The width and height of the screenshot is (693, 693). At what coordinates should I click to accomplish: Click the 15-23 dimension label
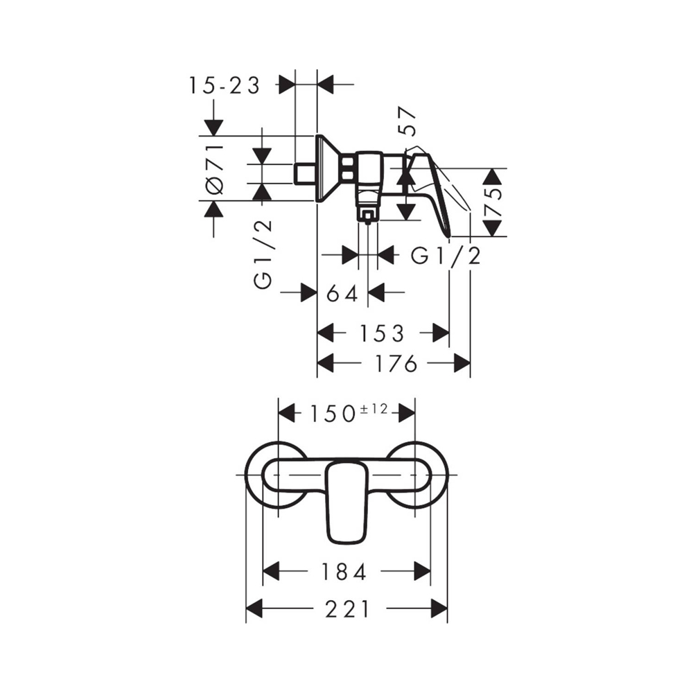point(225,85)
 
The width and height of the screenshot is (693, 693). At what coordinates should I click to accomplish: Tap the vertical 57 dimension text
point(407,121)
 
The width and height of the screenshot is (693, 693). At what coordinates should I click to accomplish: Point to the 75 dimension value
point(493,202)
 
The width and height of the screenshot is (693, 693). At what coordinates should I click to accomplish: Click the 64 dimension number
point(342,293)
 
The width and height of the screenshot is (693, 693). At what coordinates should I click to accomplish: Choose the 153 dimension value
point(382,333)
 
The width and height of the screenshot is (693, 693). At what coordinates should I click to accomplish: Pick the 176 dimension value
point(396,363)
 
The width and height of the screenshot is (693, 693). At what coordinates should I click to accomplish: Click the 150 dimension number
point(333,414)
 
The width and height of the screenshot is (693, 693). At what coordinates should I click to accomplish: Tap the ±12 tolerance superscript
point(374,410)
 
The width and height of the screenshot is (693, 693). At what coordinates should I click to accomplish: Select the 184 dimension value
point(344,572)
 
